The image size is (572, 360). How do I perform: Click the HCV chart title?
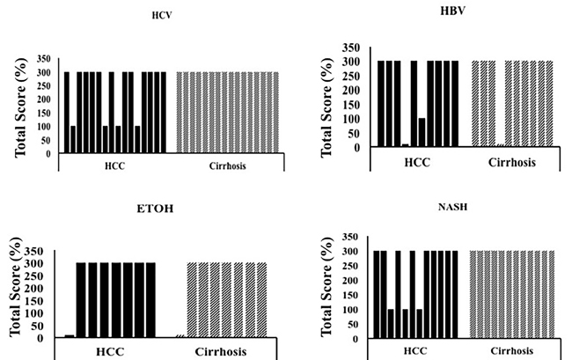pos(162,15)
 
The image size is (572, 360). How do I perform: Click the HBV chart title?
pos(452,11)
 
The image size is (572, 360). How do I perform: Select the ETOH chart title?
pos(155,209)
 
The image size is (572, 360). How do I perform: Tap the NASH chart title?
pos(452,207)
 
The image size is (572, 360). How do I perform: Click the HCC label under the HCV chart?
pos(114,166)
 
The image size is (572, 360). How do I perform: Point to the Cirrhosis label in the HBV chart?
pos(512,162)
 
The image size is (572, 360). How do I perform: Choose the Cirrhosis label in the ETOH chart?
pos(221,351)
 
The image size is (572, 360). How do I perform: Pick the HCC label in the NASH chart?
pos(415,351)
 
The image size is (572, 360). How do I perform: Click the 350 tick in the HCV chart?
pos(44,59)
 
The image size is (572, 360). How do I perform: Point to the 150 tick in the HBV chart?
pos(352,105)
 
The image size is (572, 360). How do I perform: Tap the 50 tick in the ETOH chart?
pos(38,326)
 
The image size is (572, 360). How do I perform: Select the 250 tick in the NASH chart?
pos(350,267)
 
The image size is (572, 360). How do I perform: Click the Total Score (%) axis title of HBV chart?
pos(326,107)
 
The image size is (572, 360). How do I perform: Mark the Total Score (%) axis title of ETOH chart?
pos(15,287)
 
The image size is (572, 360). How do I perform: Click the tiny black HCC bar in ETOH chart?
pos(70,336)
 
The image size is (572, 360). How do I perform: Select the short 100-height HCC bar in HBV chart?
pos(422,132)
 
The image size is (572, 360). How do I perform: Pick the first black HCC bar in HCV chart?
pos(67,113)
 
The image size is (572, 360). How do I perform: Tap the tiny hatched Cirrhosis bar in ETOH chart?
pos(180,336)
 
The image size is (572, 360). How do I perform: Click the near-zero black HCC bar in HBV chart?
pos(406,145)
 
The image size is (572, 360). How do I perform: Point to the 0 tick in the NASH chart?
pos(356,339)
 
